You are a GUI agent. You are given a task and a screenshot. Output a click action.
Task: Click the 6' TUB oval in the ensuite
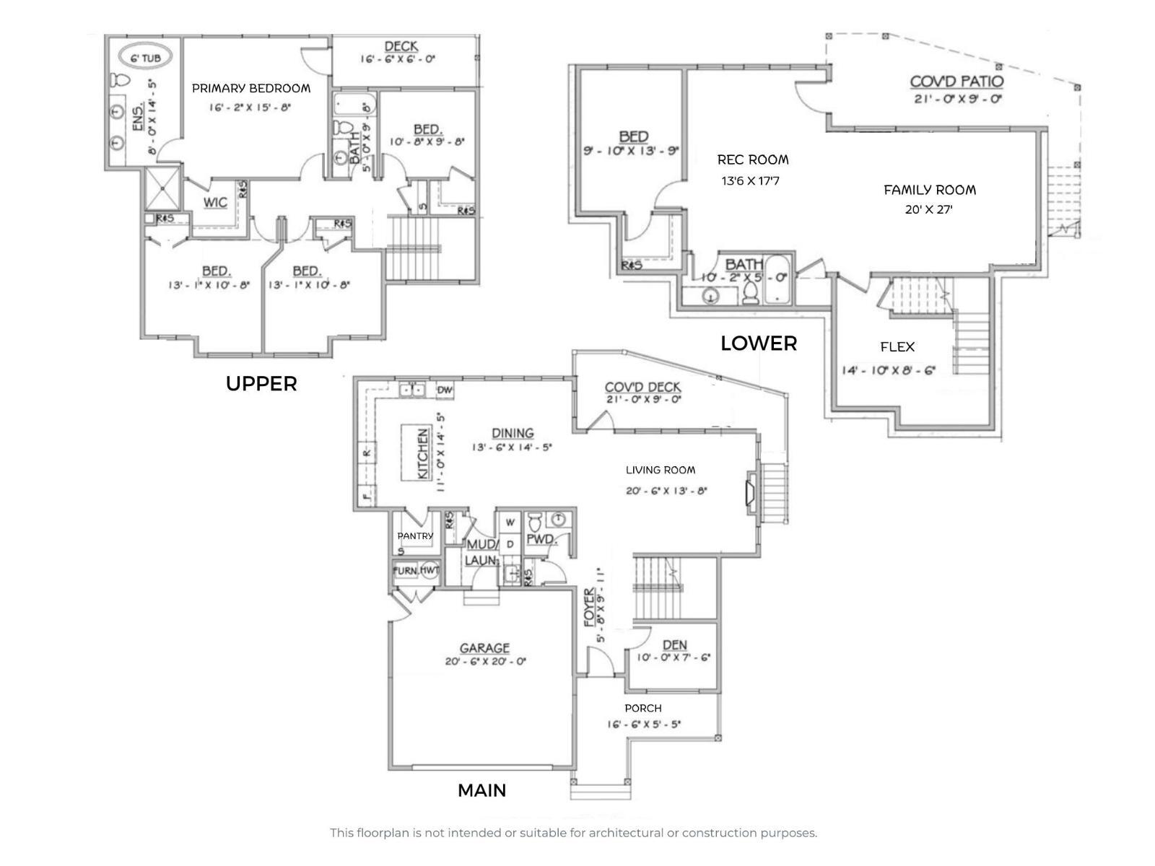point(151,58)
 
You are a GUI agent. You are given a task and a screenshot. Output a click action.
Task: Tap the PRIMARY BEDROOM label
point(250,88)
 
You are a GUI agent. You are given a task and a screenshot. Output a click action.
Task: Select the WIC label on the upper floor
point(215,202)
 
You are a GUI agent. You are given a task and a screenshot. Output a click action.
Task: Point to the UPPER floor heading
point(261,383)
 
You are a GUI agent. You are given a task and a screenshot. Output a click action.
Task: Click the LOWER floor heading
point(759,344)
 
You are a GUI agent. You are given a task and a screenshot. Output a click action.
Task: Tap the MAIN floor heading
point(481,790)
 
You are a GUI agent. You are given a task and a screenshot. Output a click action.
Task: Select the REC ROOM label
point(753,159)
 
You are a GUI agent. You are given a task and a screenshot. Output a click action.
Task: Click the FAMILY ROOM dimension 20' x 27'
point(929,210)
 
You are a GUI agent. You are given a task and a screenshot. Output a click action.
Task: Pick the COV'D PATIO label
point(956,82)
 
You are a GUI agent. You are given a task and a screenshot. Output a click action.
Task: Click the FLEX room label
point(897,347)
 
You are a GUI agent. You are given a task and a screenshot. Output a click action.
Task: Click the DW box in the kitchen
point(445,390)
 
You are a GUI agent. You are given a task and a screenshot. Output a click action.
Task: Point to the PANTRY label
point(415,535)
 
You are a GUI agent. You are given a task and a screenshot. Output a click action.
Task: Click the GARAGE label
point(484,648)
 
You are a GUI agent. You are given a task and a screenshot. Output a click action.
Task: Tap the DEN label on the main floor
point(674,644)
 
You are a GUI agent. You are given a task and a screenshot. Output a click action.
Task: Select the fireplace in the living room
point(750,493)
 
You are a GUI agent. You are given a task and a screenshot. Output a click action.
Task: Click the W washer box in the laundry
point(510,522)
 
